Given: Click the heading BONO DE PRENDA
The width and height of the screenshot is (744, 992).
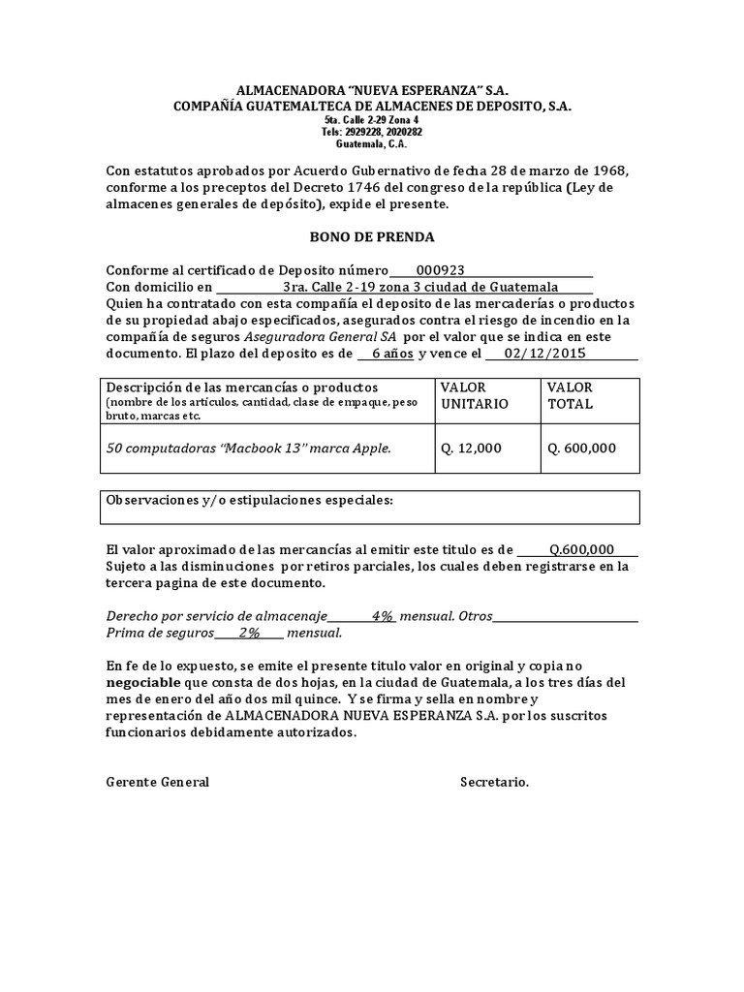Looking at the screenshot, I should pos(372,236).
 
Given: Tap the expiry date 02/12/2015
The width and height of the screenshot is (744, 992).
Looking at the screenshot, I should pos(545,354).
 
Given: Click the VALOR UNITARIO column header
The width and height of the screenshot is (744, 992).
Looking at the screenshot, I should pos(474,395).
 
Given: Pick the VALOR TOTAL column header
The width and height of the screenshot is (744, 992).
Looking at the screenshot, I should pos(571,395).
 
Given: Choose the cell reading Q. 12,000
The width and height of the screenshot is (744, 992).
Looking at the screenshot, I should pos(472,449).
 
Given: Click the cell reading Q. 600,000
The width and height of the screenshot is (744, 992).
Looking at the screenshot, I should pos(581,449).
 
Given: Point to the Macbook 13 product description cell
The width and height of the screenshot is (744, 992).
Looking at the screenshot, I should pos(249,449).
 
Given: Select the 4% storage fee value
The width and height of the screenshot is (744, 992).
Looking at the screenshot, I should pos(383,616).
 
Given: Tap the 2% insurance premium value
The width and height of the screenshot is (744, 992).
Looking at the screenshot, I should pos(249,633).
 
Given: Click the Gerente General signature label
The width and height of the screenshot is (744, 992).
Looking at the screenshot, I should pos(157,782).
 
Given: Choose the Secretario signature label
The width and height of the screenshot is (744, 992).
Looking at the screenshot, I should pos(494,782).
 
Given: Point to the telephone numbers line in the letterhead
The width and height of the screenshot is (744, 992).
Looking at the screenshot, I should pos(372,132).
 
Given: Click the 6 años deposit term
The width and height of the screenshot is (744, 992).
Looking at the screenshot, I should pos(392,354).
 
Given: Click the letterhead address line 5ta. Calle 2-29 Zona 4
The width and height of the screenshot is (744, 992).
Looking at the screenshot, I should pos(372,119).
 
